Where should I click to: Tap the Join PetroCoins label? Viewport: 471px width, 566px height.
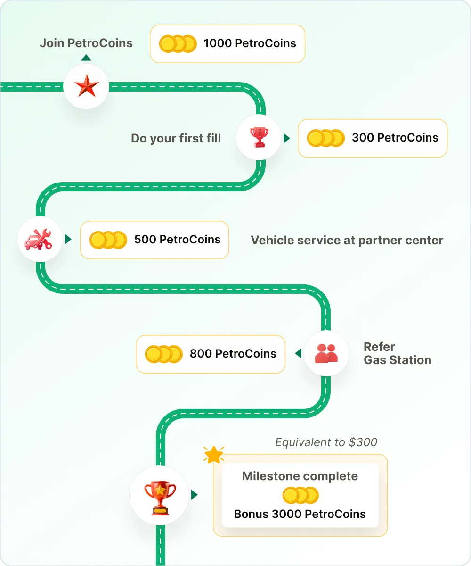[x=86, y=43]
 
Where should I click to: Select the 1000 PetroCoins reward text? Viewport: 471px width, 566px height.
[x=250, y=43]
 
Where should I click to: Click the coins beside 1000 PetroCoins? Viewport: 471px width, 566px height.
[x=178, y=44]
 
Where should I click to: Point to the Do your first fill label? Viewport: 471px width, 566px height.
[x=176, y=138]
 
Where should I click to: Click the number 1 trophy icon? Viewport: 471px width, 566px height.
[x=259, y=137]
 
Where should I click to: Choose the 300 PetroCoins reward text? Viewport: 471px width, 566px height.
[x=395, y=138]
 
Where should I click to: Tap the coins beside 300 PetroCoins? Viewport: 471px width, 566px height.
[x=325, y=138]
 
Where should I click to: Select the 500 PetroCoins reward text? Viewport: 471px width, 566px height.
[x=177, y=240]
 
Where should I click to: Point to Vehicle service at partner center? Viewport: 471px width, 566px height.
[x=347, y=240]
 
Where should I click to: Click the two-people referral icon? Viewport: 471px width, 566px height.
[x=326, y=353]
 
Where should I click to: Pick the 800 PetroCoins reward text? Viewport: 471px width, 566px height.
[x=233, y=354]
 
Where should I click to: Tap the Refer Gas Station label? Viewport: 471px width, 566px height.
[x=397, y=354]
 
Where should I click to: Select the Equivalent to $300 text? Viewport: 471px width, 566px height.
[x=326, y=442]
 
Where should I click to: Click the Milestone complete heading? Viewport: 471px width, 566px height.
[x=300, y=476]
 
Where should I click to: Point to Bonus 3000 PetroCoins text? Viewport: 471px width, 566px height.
[x=300, y=514]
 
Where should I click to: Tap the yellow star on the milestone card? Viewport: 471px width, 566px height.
[x=214, y=455]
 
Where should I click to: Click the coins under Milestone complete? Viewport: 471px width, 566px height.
[x=300, y=496]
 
